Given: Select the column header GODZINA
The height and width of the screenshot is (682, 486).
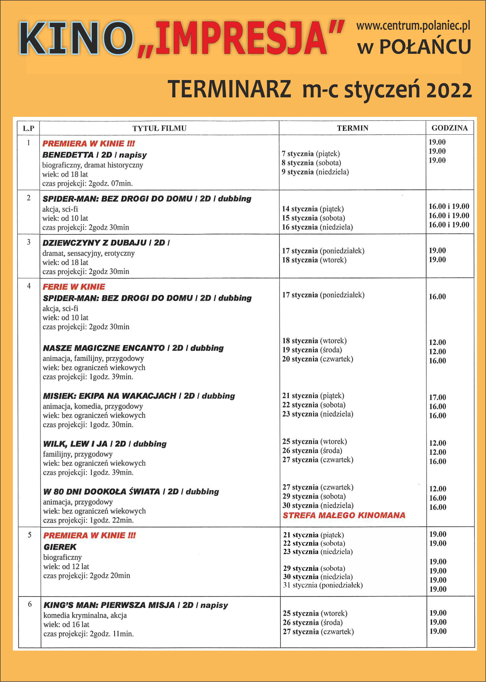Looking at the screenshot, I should [x=449, y=128].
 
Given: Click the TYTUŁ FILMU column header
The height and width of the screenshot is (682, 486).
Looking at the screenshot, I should [x=159, y=128].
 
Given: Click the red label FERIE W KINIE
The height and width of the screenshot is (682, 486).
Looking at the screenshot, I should [x=74, y=287].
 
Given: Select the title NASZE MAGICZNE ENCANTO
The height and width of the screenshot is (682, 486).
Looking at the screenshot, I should [x=104, y=348].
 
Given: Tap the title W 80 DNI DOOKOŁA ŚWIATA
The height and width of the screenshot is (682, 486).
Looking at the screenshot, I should [x=102, y=492].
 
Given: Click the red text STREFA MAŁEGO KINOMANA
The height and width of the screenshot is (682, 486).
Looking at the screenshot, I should [x=344, y=515].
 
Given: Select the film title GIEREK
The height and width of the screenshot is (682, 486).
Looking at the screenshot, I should [x=60, y=547].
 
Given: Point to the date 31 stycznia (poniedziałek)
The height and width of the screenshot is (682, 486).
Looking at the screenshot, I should [x=323, y=585].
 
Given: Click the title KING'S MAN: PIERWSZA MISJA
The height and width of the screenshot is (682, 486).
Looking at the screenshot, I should [x=109, y=605].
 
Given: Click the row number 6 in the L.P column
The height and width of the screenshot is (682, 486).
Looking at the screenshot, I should [x=30, y=604].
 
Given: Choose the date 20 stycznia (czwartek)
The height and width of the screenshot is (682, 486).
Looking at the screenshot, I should [x=317, y=359].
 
